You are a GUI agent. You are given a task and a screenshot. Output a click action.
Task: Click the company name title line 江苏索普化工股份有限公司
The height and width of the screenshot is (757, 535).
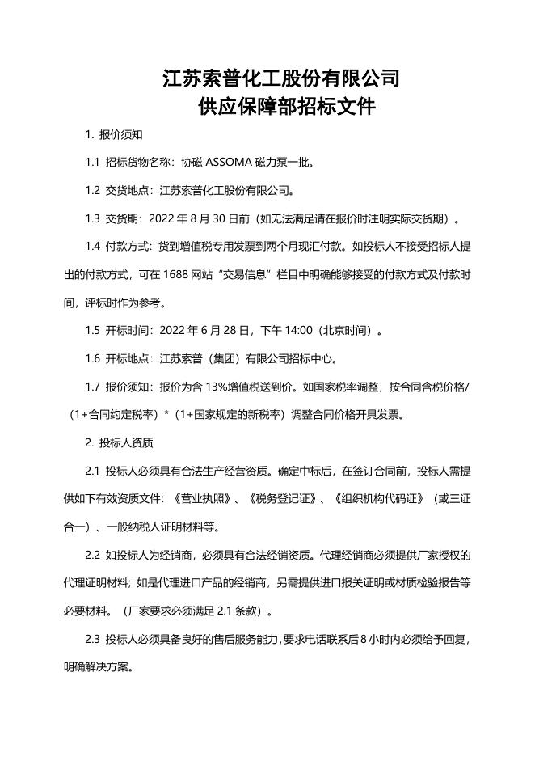coord(281,78)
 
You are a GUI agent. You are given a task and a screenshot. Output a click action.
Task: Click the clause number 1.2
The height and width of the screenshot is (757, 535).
coord(92,191)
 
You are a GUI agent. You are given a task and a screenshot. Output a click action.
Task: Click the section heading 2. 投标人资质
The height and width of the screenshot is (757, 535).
coord(120,443)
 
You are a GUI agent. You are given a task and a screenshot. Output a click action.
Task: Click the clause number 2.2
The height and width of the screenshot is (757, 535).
coord(92,556)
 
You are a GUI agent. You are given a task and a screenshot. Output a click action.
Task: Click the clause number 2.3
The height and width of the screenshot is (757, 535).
coord(92,640)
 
